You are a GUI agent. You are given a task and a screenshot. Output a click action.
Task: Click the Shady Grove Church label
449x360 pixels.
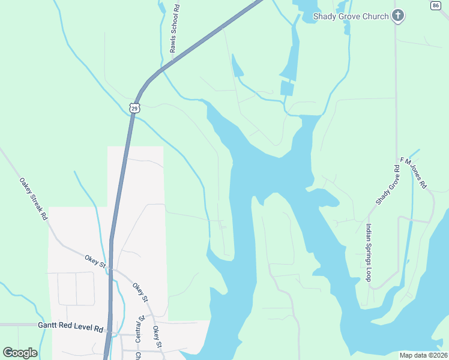[x=351, y=16]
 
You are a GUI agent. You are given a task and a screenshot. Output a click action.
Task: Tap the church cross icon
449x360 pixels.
[x=397, y=16]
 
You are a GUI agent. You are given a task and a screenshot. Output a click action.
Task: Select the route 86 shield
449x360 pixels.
[x=436, y=5]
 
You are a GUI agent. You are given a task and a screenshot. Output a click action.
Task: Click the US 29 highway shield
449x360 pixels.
[x=134, y=108]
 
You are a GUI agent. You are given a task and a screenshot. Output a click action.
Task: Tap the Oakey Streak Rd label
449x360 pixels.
[x=33, y=199]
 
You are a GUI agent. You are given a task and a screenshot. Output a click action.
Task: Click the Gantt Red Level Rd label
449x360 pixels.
[x=71, y=329]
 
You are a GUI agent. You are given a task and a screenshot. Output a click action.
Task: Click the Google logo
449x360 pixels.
[x=20, y=352]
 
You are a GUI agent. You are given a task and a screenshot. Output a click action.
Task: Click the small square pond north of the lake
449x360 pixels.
[x=288, y=88]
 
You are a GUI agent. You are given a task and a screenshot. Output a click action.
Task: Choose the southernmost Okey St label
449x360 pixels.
[x=156, y=337]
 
